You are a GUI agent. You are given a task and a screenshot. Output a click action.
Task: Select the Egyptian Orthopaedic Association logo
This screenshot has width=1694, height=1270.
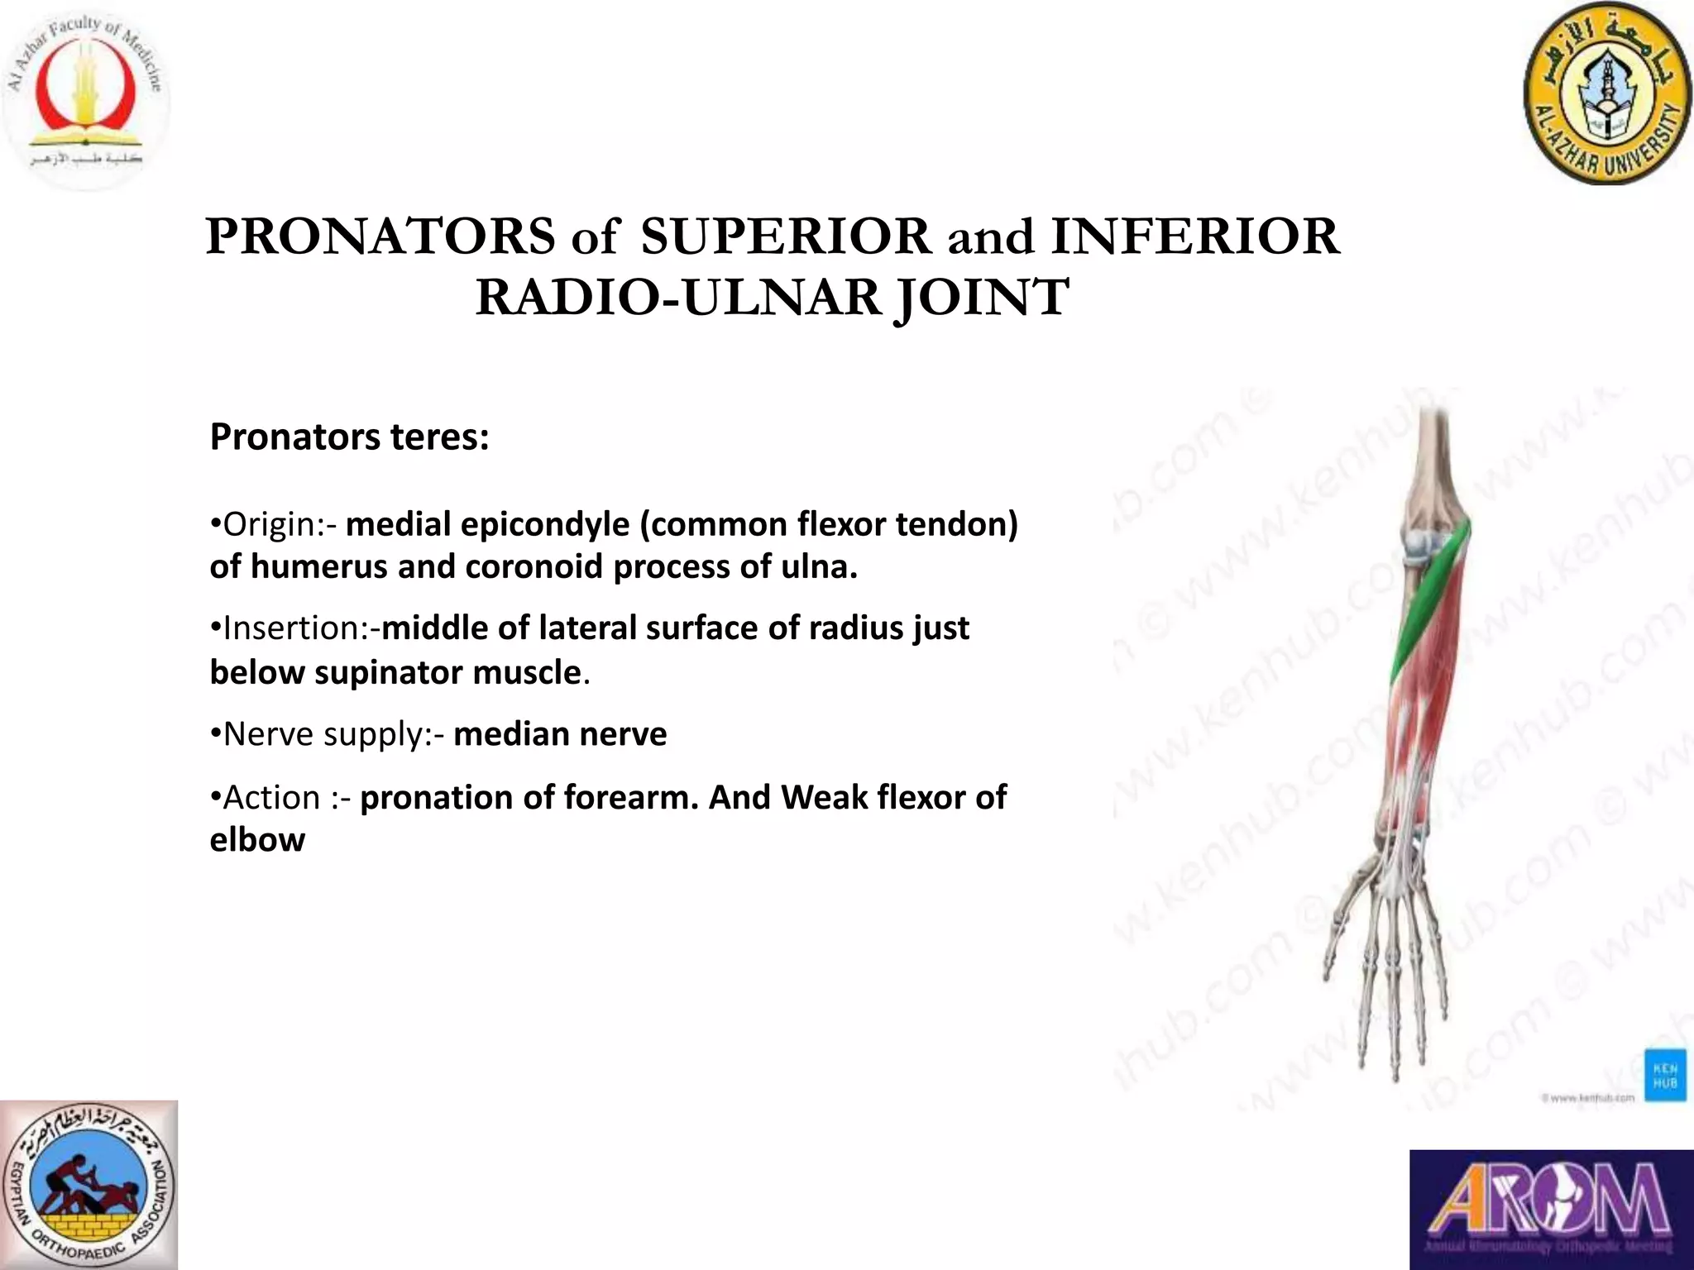point(89,1184)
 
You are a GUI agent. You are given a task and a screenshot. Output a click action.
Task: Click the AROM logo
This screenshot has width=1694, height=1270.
point(1551,1209)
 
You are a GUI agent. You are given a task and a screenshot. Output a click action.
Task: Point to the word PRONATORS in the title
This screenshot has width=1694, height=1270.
point(380,237)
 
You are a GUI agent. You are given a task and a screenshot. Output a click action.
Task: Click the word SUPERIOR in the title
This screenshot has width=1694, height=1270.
point(786,237)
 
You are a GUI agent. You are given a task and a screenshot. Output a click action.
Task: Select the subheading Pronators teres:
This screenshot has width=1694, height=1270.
point(349,437)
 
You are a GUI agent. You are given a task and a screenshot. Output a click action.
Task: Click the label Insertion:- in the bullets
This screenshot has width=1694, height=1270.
point(294,628)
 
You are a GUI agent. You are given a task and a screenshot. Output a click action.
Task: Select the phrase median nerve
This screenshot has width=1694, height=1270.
point(560,734)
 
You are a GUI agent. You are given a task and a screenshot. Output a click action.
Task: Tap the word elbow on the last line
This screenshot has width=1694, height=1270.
point(257,840)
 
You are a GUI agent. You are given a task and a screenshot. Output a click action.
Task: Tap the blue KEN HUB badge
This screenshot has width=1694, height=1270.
point(1664,1076)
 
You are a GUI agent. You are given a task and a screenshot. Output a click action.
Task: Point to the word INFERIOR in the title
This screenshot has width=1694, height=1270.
point(1194,237)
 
